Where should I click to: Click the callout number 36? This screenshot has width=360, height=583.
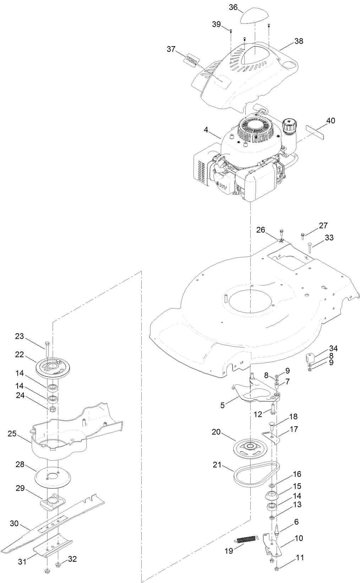[233, 7]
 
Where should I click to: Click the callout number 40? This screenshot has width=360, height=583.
[330, 121]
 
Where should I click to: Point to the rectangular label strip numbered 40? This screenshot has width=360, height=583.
[316, 136]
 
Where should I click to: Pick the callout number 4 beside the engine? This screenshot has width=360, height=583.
[206, 130]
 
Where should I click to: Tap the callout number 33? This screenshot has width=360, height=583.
[329, 238]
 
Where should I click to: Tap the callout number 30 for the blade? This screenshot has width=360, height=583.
[14, 523]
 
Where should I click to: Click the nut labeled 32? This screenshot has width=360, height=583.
[58, 565]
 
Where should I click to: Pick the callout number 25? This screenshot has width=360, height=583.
[12, 434]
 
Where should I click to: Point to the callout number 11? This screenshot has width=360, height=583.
[300, 558]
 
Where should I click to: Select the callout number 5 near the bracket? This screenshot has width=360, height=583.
[223, 405]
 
